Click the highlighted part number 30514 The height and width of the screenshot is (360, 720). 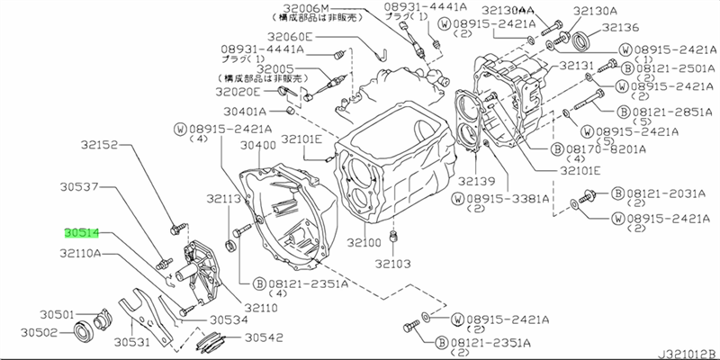pos(80,232)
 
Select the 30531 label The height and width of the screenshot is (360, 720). pos(131,342)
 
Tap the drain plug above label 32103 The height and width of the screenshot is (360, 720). pos(393,236)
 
